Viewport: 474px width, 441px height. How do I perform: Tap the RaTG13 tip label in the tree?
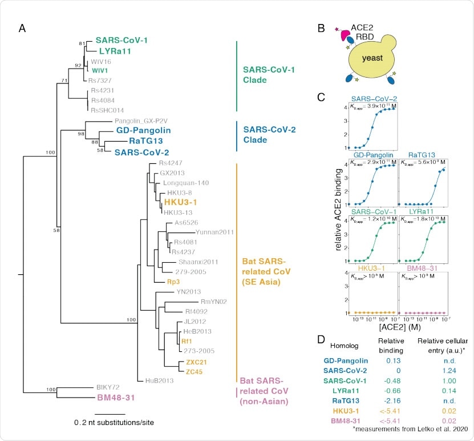pos(142,142)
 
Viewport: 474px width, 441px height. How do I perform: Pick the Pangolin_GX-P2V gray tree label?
pos(141,121)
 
